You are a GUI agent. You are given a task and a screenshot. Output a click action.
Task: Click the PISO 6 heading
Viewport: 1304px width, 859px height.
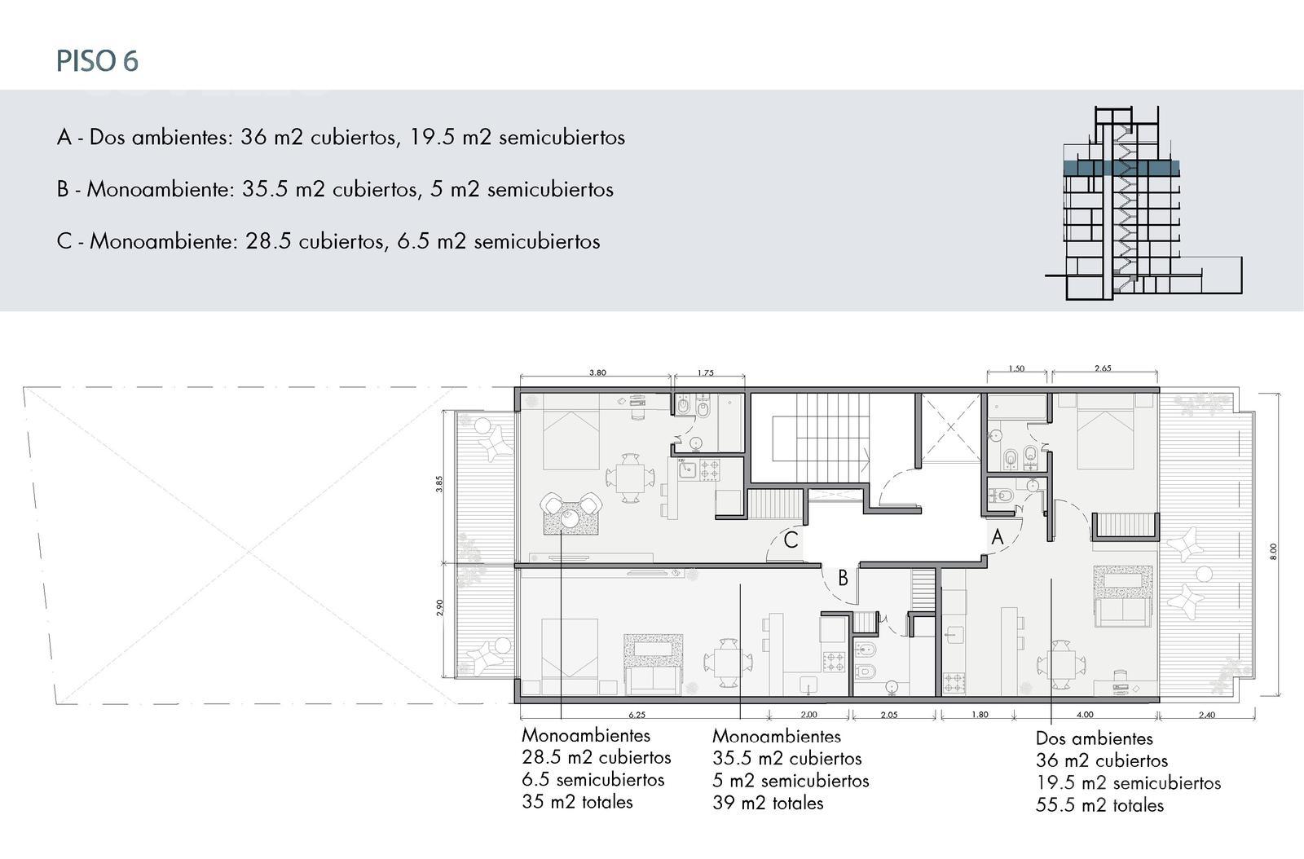[97, 62]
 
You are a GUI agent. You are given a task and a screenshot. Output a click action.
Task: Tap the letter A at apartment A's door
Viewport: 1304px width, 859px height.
[998, 536]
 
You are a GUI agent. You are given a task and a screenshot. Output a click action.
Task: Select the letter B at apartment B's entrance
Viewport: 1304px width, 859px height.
[843, 578]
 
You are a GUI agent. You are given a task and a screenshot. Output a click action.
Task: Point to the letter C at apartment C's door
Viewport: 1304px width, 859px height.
[791, 540]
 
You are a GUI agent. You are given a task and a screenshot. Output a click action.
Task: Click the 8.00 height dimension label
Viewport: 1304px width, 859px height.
[1273, 551]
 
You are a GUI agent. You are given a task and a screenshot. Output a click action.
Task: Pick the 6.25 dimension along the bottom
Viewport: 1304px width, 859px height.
[637, 715]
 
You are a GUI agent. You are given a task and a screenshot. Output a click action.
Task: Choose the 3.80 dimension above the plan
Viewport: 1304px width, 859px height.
[597, 372]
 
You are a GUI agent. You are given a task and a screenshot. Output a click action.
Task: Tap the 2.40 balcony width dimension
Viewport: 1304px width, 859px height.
[1207, 715]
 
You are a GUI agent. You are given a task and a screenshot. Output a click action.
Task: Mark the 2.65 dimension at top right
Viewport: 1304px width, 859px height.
[1103, 368]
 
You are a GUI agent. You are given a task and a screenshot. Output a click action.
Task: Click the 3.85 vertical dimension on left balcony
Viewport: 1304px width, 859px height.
[439, 484]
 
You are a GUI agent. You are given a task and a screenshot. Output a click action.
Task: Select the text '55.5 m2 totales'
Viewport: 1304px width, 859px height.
[1099, 805]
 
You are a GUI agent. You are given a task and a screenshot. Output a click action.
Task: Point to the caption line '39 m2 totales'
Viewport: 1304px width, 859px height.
[768, 803]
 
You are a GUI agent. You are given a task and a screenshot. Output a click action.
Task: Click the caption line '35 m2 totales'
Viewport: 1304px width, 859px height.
[577, 802]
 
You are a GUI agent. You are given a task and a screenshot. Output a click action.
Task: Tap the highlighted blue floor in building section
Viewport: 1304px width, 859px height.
[1121, 168]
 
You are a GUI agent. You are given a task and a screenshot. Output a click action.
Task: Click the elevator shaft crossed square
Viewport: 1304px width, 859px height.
[950, 428]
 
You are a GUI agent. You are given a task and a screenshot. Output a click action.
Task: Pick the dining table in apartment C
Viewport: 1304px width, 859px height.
[630, 478]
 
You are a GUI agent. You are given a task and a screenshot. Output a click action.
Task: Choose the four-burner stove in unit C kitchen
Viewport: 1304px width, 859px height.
[710, 470]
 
